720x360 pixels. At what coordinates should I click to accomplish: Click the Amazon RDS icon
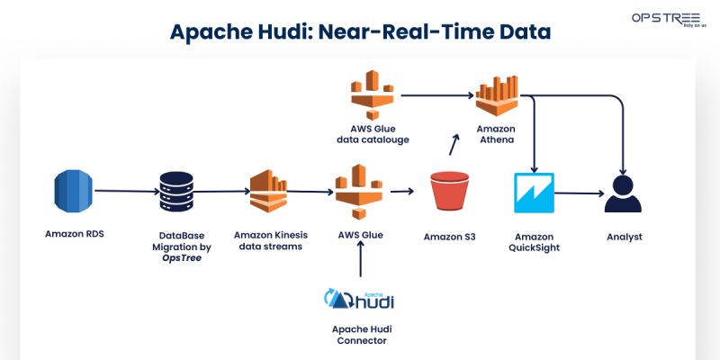[73, 191]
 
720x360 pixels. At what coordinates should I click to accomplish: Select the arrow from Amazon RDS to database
[126, 191]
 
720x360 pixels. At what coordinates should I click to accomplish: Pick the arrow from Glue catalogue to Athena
[436, 94]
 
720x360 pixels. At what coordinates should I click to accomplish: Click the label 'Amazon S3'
[450, 237]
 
